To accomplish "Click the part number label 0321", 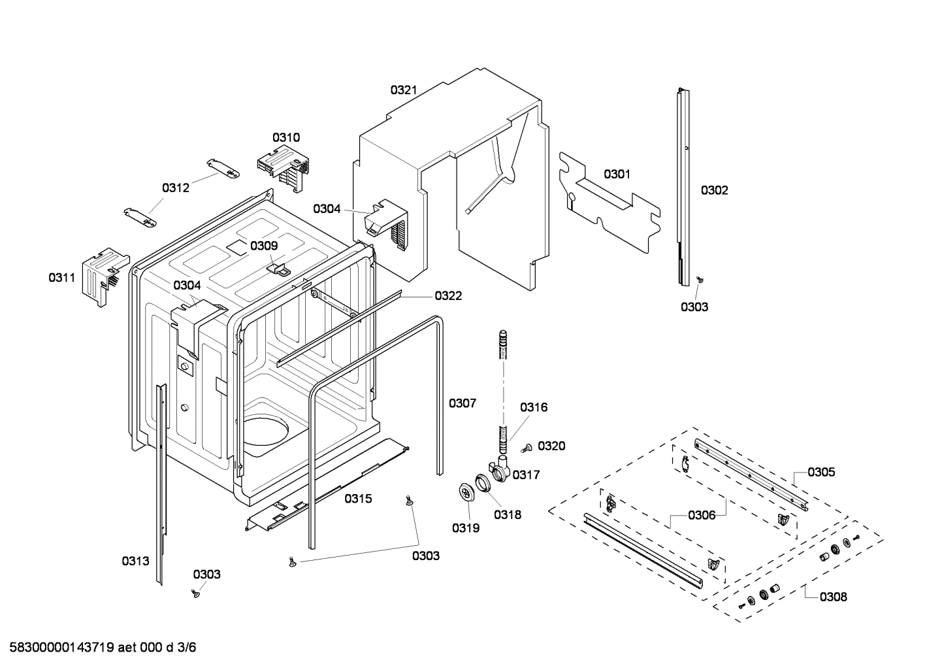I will (x=404, y=90).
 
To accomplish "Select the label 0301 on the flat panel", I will (x=617, y=174).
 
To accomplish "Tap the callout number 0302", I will (x=714, y=190).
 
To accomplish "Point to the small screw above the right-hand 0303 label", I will (x=699, y=280).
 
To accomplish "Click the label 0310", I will (x=286, y=137).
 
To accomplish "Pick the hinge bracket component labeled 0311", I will (x=101, y=277).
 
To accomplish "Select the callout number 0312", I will (x=176, y=188).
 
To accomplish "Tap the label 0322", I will (x=448, y=296).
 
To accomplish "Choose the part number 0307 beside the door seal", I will (x=462, y=403).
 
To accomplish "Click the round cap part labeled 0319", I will (x=466, y=492).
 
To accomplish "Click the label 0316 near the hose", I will (x=534, y=407).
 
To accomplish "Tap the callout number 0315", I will (x=358, y=499).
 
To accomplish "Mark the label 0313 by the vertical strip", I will (x=135, y=561).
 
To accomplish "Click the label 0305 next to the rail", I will (x=820, y=472).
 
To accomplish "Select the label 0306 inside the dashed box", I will (x=702, y=515).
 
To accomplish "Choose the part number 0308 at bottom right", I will (x=833, y=596).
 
